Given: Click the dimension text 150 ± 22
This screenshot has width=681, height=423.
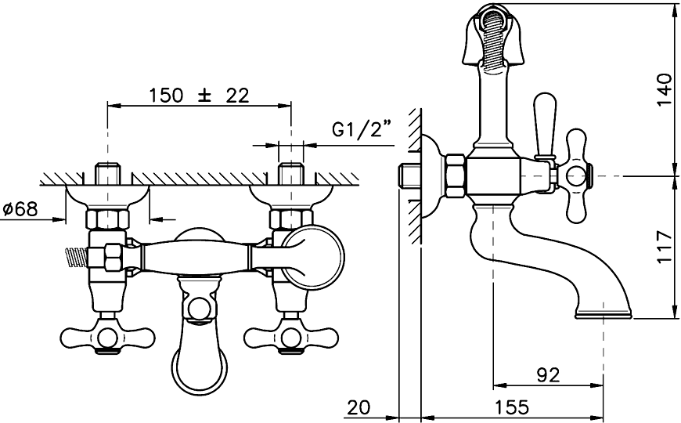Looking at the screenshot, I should (x=198, y=96).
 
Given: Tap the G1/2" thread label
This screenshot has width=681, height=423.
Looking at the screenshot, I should (x=361, y=129).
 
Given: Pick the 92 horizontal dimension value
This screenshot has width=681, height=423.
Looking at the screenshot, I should (x=548, y=374).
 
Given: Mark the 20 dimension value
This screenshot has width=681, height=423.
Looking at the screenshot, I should (x=359, y=407).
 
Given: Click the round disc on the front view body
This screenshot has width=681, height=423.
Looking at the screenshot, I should (x=312, y=256).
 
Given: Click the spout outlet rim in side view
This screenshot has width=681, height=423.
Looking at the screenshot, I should (x=604, y=316).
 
